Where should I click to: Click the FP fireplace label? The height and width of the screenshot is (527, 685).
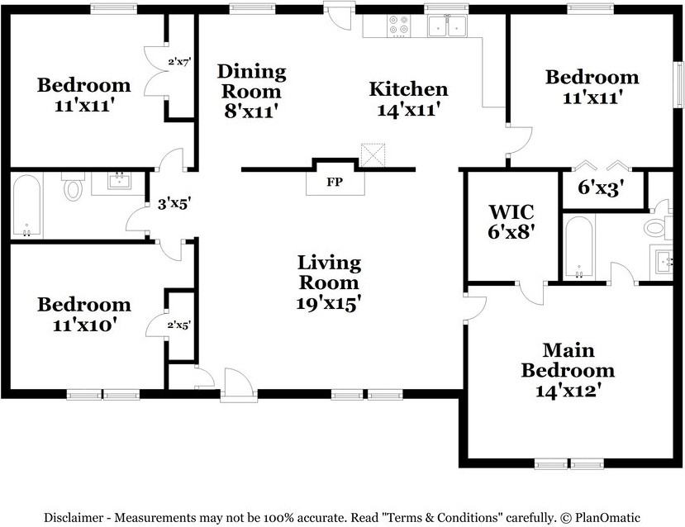335,182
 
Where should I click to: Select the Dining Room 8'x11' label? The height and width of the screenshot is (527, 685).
252,91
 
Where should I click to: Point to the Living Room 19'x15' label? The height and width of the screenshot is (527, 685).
329,283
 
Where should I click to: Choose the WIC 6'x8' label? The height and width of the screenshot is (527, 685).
511,222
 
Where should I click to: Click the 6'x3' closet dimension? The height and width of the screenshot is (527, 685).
601,188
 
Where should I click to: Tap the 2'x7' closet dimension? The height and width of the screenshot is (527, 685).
180,62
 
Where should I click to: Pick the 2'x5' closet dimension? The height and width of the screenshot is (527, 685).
178,325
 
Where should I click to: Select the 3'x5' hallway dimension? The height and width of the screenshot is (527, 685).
174,203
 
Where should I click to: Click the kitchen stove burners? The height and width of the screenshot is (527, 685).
399,25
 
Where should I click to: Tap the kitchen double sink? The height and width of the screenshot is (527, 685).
447,26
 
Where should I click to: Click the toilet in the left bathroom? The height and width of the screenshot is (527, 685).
73,186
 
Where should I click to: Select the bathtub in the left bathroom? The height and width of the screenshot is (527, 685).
27,206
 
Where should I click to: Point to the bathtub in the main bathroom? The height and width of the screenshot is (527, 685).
579,246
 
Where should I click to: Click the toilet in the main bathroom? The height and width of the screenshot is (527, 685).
658,228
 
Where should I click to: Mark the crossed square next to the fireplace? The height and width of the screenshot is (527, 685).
373,155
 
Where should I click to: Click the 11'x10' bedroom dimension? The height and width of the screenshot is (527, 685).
84,325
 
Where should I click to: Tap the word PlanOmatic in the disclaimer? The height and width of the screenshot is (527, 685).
607,517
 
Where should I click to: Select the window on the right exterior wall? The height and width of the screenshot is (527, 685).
679,85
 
